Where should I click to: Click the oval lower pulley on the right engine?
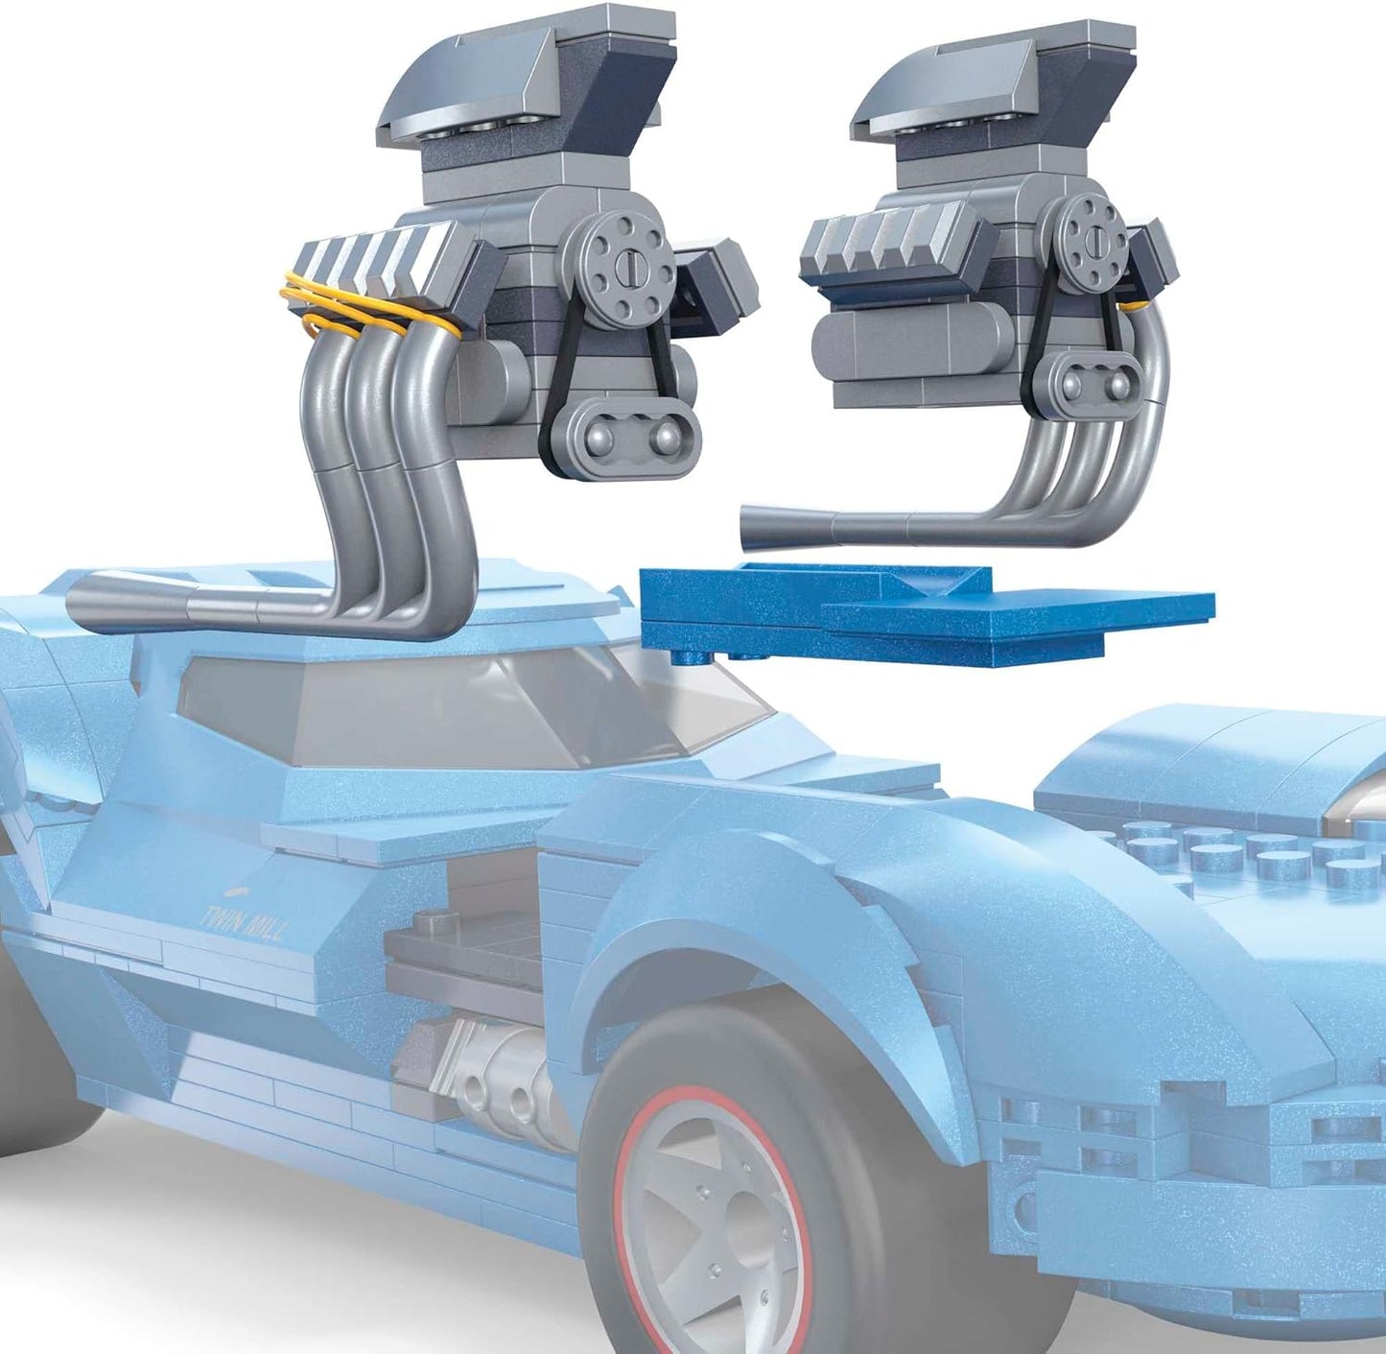(1094, 384)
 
